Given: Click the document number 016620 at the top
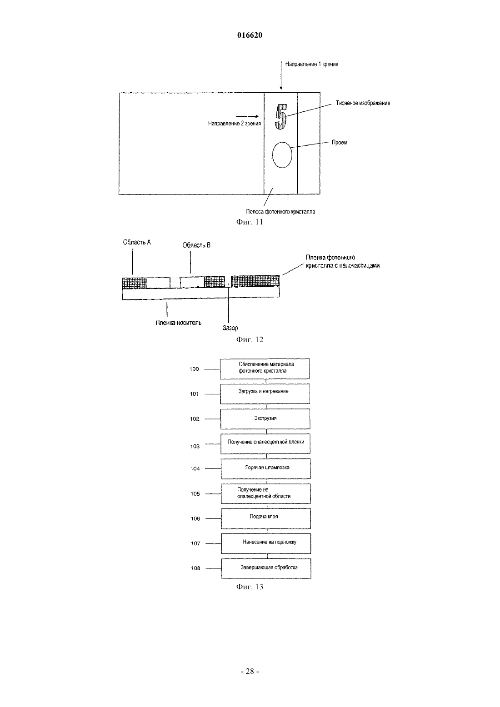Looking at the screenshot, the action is [250, 35].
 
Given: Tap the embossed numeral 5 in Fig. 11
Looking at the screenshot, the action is [280, 116].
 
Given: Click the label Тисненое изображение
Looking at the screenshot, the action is [363, 103].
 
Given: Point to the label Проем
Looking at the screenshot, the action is [340, 142].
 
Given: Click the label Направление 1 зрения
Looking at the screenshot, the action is [311, 64].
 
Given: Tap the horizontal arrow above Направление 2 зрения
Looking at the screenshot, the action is [247, 116].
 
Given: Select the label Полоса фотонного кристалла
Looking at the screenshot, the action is [280, 211].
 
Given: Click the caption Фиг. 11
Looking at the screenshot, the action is [250, 222].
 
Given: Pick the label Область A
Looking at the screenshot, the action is [137, 242].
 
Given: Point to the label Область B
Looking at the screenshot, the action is [196, 245].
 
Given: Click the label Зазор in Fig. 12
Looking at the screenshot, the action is [230, 328].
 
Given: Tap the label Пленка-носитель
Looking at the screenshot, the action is [178, 323].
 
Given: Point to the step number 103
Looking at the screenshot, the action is [195, 446].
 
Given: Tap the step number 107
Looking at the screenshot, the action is [195, 543].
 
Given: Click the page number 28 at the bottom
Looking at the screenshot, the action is [250, 672].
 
